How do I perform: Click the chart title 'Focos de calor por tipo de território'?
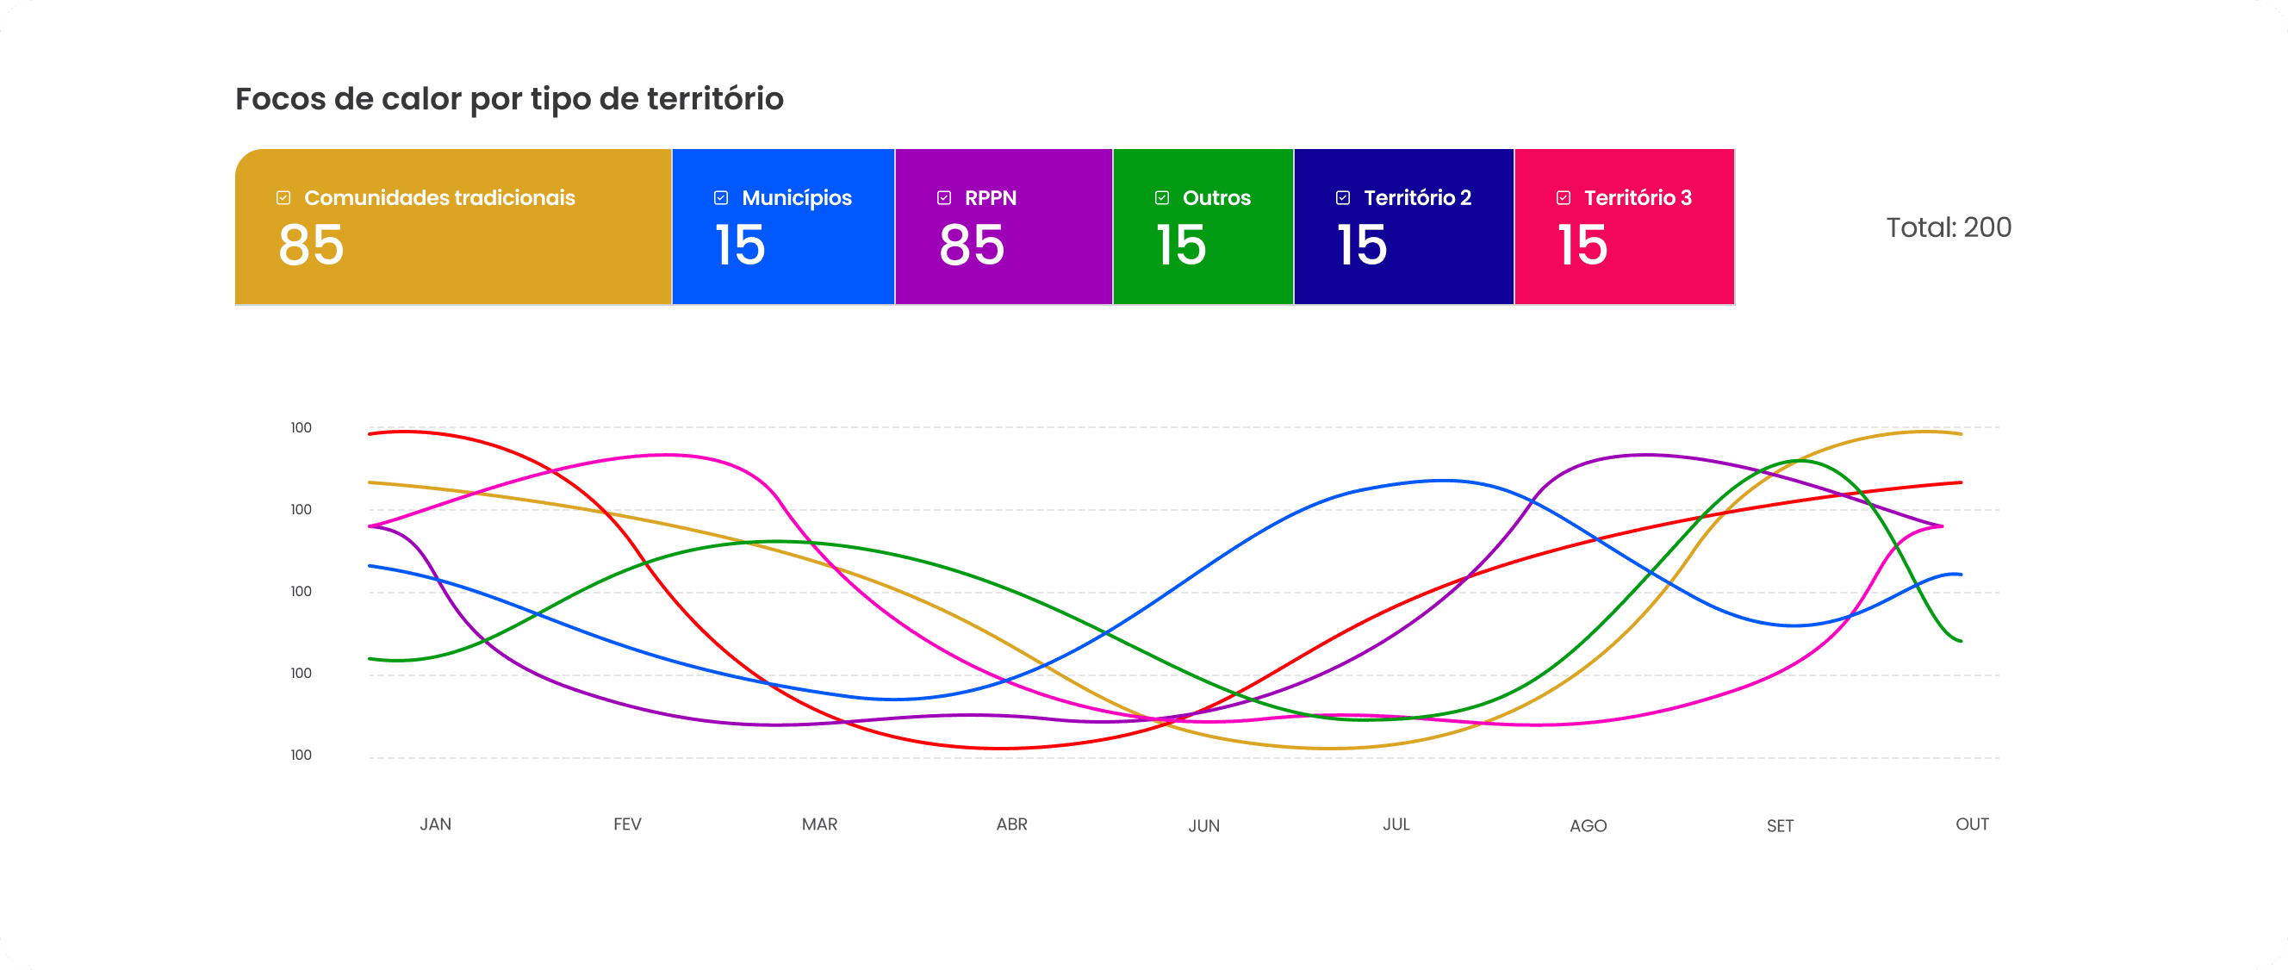pos(509,98)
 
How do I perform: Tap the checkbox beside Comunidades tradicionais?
pos(283,197)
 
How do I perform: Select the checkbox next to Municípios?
pos(721,197)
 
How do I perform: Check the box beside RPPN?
pos(944,197)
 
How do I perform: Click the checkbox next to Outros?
pos(1162,197)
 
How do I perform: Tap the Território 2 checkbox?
pos(1343,197)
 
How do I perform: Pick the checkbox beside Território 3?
pos(1564,197)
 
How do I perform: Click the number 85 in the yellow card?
pos(311,246)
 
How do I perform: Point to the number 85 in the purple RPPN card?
pos(972,246)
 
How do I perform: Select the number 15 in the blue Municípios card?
pos(740,246)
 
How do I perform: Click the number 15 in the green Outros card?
pos(1181,246)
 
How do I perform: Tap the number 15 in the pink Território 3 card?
pos(1582,246)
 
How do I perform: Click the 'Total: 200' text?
pos(1949,227)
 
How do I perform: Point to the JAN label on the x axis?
pos(435,824)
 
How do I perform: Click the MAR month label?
pos(820,824)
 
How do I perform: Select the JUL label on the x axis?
pos(1396,824)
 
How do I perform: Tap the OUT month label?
pos(1972,824)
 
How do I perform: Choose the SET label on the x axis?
pos(1780,826)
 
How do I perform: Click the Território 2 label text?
pos(1418,197)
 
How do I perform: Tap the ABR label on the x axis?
pos(1011,824)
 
